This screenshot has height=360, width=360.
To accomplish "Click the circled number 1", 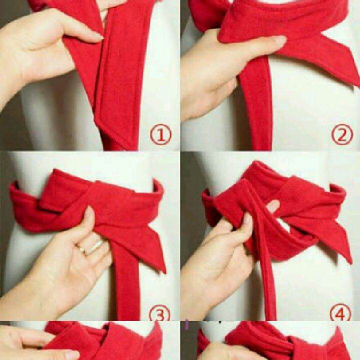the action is pos(160,134).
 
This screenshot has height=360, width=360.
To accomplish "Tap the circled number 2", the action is pos(342,134).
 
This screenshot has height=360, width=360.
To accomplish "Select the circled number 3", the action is pos(160,313).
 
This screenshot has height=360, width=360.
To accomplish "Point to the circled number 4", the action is pos(340,312).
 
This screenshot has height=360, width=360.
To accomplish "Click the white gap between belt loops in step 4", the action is pos(284,225).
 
